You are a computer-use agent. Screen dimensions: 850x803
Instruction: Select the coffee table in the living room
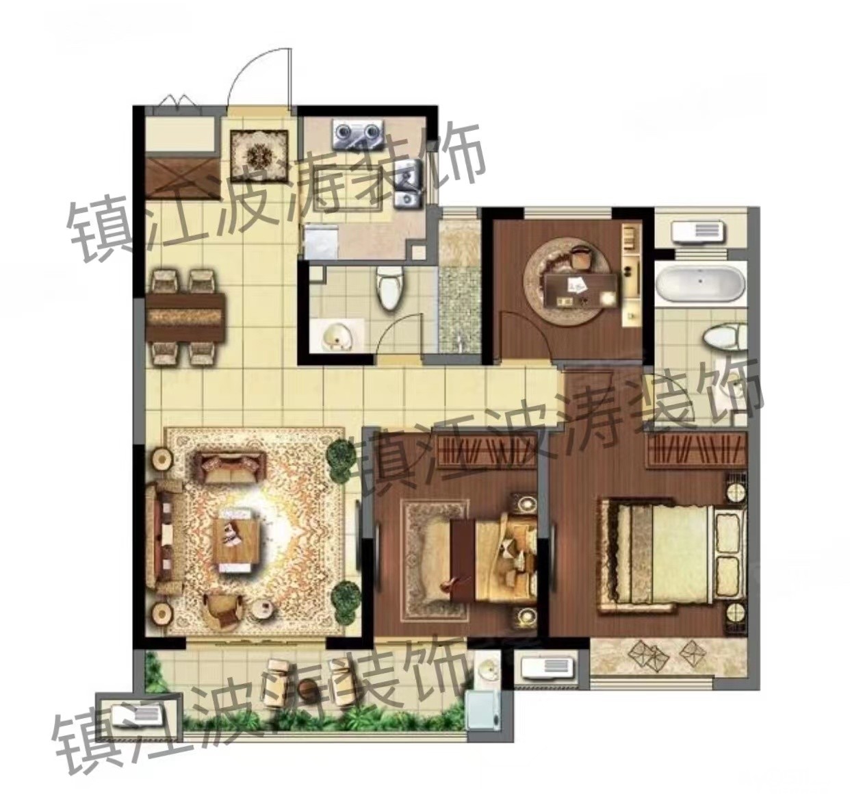(236, 540)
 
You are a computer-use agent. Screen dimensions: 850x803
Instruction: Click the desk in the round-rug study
(581, 290)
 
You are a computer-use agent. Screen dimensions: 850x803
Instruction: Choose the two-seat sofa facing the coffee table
(229, 466)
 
